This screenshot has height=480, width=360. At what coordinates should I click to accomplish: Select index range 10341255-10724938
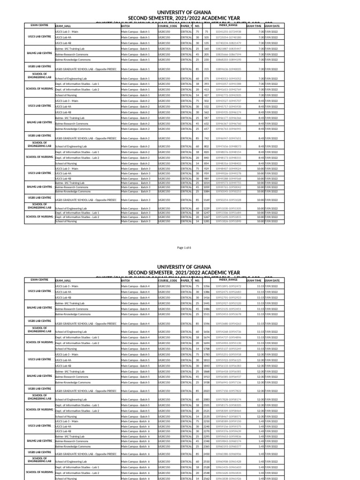tap(228, 31)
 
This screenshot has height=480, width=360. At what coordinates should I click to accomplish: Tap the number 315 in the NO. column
tap(206, 69)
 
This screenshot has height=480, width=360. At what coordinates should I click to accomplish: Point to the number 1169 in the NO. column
tap(206, 200)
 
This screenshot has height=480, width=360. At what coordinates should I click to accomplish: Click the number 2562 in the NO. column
tap(206, 478)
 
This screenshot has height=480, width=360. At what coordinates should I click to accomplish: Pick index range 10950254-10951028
tap(228, 200)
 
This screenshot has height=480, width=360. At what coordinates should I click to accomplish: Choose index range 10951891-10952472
tap(228, 286)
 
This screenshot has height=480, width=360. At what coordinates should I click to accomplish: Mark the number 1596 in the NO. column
tap(206, 323)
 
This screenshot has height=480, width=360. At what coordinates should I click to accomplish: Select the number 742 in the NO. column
tap(206, 139)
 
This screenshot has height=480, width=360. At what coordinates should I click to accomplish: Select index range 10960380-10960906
tap(228, 454)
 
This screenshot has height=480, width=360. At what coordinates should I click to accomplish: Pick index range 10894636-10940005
tap(228, 69)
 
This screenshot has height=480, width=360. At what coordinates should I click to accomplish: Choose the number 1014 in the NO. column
tap(206, 183)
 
